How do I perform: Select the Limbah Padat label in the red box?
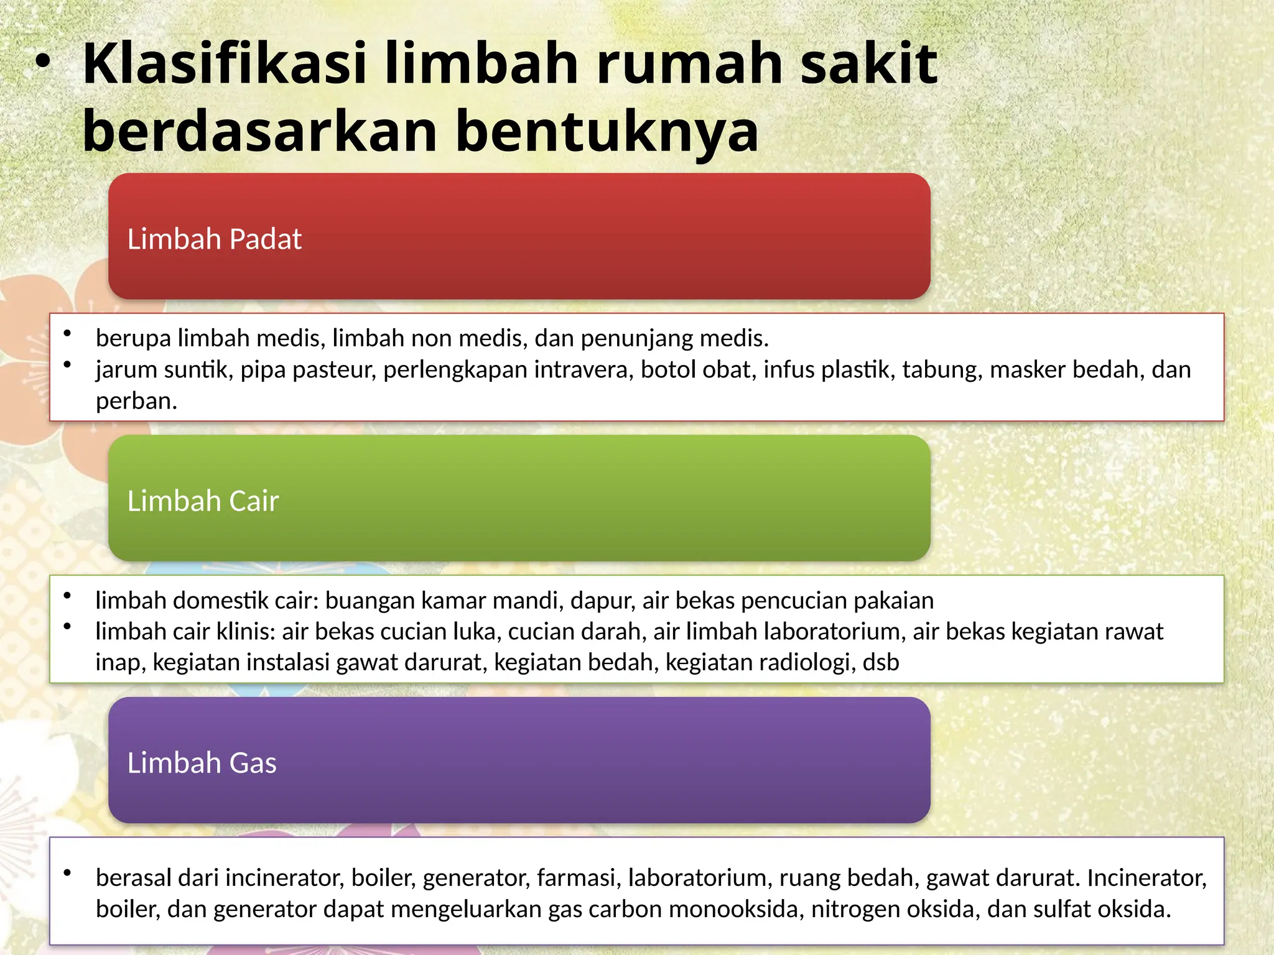(214, 239)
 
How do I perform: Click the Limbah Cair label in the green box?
(203, 501)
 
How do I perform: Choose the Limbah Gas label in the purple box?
(202, 763)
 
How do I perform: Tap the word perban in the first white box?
(134, 401)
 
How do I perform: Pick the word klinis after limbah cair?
(246, 632)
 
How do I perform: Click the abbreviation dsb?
(881, 663)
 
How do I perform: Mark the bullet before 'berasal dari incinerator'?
(67, 874)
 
